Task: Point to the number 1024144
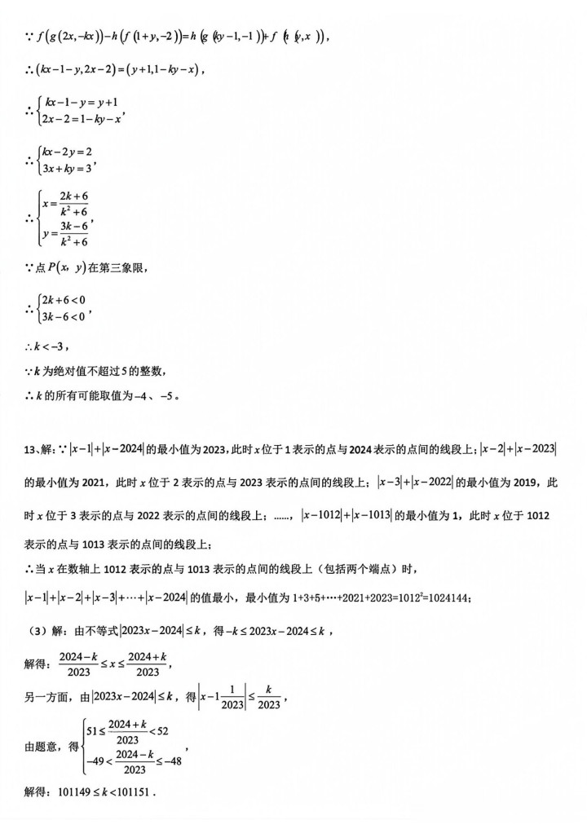pos(443,599)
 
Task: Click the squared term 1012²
pos(397,599)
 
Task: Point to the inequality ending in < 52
pos(132,729)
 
